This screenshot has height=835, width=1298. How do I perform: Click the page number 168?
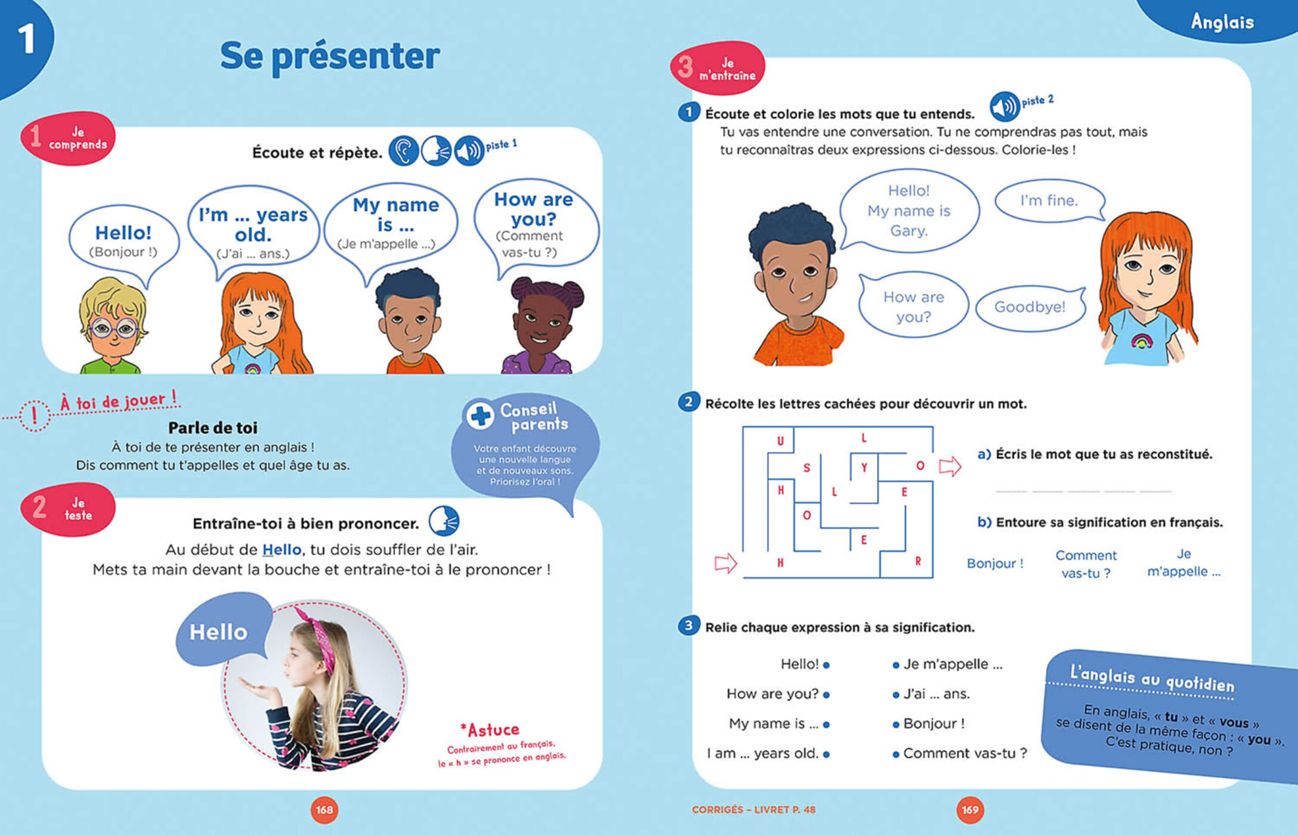point(324,809)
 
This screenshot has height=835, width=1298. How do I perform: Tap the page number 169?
point(970,809)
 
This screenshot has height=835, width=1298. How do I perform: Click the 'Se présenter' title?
point(330,56)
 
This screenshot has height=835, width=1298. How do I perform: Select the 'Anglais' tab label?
point(1222,22)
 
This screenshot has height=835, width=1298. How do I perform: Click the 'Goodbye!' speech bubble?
point(1030,307)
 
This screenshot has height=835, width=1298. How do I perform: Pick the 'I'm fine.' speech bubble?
point(1049,201)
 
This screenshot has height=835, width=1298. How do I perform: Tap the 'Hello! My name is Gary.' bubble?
point(908,211)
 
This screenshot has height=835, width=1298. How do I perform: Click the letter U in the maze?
point(780,441)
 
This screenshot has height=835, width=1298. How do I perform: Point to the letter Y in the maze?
point(864,468)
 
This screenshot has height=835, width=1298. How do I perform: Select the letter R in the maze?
point(918,561)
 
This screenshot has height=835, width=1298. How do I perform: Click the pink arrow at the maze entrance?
point(725,562)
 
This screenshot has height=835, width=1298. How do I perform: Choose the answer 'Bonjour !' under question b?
point(995,564)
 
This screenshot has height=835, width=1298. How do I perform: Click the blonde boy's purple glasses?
point(113,328)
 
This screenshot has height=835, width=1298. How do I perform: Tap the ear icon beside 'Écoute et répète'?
point(404,151)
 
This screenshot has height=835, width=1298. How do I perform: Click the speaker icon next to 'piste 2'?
point(1005,107)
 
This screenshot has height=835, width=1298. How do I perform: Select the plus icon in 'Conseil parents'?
point(480,416)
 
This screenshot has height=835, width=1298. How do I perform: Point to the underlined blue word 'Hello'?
point(282,549)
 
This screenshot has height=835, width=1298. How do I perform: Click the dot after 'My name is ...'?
point(826,725)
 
